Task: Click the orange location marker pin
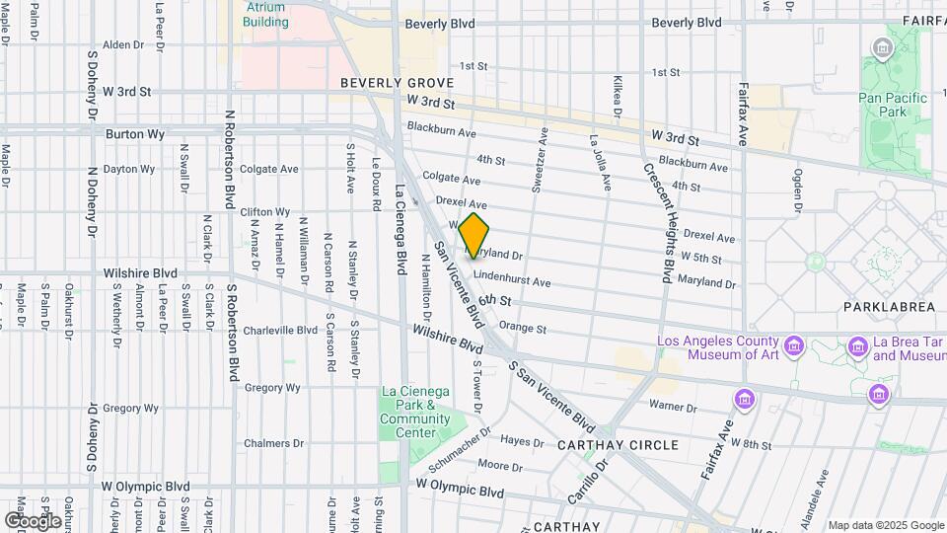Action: pos(473,235)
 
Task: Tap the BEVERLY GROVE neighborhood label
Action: pos(397,83)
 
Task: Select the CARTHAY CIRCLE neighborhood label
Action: pos(618,445)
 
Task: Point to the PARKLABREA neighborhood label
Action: pos(889,307)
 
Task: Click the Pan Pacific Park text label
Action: pos(892,105)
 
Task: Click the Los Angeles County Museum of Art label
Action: pos(718,347)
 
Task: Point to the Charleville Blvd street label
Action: pos(278,330)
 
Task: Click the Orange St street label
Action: pos(522,327)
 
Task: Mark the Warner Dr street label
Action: pos(673,405)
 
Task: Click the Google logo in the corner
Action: pos(33,520)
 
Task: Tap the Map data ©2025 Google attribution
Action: pos(885,525)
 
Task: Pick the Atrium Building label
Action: pos(266,14)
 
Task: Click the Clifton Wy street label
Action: pos(264,211)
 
